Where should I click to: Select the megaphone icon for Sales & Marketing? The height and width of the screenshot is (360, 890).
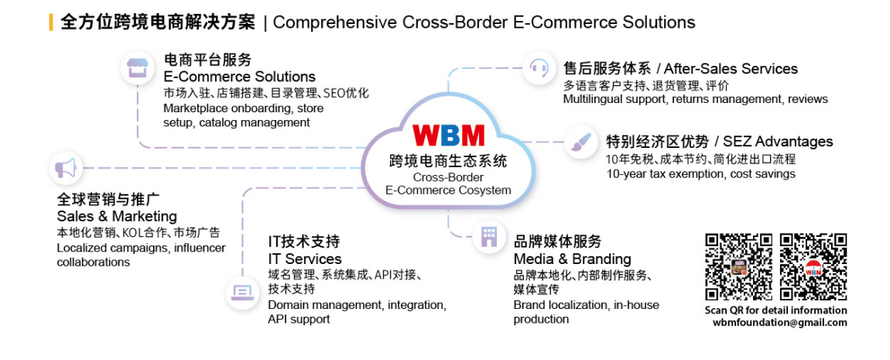(x=66, y=167)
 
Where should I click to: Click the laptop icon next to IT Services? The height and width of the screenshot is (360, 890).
(x=242, y=292)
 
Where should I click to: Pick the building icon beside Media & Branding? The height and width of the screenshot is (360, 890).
(x=489, y=236)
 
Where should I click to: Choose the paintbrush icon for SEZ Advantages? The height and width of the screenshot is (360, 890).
(x=578, y=141)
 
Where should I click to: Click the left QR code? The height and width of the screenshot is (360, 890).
(x=738, y=266)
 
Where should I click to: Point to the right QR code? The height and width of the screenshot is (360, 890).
(x=813, y=266)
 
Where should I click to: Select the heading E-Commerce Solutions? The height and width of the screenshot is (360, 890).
(x=239, y=77)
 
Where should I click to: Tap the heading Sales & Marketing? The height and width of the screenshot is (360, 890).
(x=117, y=216)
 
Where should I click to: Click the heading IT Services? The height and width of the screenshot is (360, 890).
(x=304, y=259)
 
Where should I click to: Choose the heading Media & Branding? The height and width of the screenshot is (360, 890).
(x=572, y=259)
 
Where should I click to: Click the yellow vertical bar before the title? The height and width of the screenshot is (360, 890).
(x=51, y=22)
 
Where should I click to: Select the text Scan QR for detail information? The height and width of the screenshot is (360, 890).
(x=775, y=310)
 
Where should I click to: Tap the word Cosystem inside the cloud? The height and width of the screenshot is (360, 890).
(x=481, y=190)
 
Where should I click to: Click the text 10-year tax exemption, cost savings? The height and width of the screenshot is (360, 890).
(x=700, y=174)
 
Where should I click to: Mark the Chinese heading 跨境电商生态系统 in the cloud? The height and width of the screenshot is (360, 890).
(x=448, y=161)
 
